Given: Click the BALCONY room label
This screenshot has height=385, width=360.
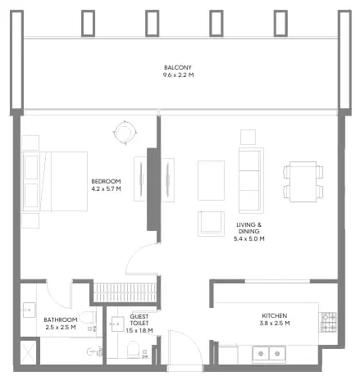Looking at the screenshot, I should pyautogui.click(x=179, y=67).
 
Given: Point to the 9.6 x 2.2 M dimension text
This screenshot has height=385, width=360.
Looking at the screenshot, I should pyautogui.click(x=179, y=75).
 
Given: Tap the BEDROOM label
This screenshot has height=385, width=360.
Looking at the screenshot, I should pyautogui.click(x=106, y=181).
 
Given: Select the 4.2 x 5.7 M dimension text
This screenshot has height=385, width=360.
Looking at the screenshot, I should pyautogui.click(x=106, y=188).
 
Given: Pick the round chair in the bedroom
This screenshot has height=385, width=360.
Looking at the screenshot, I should pyautogui.click(x=124, y=131).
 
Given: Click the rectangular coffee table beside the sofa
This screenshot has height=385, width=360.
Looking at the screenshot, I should pyautogui.click(x=211, y=179).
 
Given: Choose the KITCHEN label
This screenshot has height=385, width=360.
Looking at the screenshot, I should pyautogui.click(x=274, y=315).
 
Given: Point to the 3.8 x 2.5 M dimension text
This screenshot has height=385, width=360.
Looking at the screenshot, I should pyautogui.click(x=274, y=324).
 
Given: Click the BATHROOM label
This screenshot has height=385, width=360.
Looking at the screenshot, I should pyautogui.click(x=60, y=319).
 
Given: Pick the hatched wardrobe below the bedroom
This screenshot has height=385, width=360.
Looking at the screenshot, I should pyautogui.click(x=124, y=292).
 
